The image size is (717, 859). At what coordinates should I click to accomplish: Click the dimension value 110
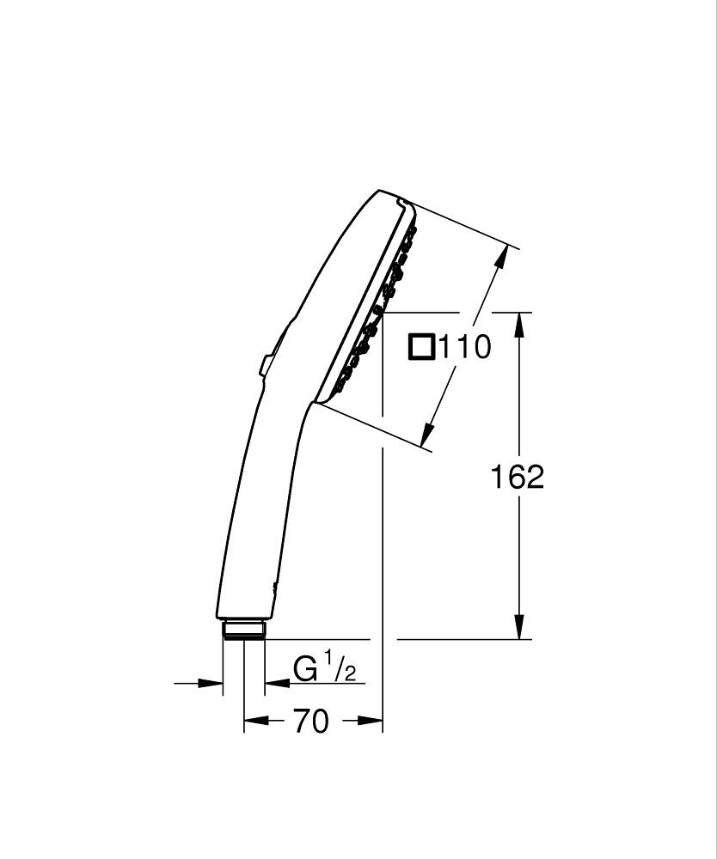point(465,347)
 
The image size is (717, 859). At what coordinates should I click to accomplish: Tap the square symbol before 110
point(422,347)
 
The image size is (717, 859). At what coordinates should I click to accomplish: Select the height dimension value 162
point(518,477)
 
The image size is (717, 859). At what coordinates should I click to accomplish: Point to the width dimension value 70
point(311,722)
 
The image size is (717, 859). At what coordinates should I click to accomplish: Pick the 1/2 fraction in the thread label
point(340,667)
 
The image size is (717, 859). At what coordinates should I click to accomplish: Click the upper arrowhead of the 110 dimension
point(499,259)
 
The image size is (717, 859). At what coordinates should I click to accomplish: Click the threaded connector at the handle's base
point(244,630)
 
